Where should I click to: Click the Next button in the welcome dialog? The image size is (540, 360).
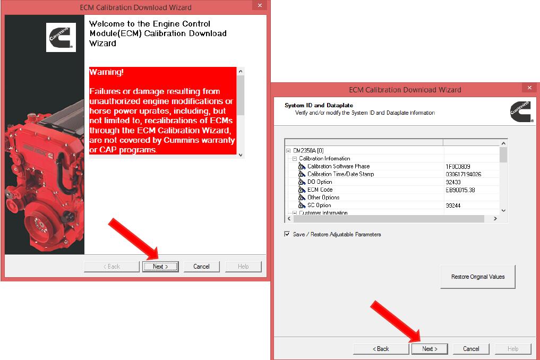coord(160,267)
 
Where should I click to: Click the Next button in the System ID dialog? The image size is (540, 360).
coord(429,349)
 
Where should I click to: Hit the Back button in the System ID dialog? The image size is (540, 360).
coord(380,349)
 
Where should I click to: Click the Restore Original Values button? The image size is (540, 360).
coord(477,277)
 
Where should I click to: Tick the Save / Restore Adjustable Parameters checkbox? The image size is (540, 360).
coord(287,234)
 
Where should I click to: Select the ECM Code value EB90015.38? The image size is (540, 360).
coord(460,190)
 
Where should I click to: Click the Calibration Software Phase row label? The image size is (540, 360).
coord(338,166)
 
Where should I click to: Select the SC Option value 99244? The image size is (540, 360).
coord(453,205)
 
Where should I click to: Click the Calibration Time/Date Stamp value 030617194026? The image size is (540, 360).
coord(463,174)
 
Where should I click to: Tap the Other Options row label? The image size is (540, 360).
coord(323,198)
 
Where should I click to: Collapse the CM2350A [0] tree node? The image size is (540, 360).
coord(288,151)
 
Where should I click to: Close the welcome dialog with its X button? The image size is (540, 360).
coord(260,6)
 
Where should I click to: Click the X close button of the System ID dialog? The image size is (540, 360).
coord(529,88)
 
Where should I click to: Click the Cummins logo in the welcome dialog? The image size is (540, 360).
coord(61,37)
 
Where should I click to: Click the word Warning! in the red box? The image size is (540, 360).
coord(106,72)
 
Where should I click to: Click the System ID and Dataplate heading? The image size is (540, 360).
coord(319,105)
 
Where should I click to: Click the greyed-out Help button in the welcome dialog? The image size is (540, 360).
coord(243,267)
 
